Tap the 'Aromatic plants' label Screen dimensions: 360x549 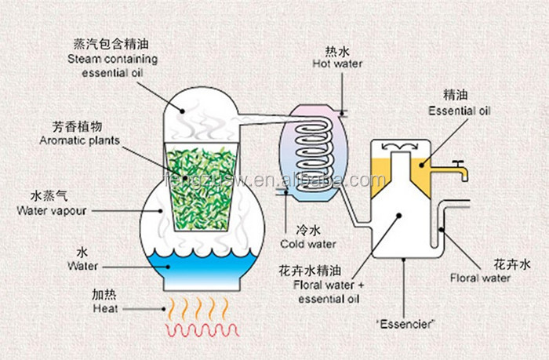(80, 140)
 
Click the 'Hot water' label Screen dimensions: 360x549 (339, 64)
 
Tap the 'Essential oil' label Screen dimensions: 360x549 (459, 111)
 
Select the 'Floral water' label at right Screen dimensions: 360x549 (480, 278)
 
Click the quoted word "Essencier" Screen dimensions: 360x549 (405, 322)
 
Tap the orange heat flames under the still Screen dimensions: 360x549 (200, 307)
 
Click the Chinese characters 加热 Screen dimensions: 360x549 (104, 296)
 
